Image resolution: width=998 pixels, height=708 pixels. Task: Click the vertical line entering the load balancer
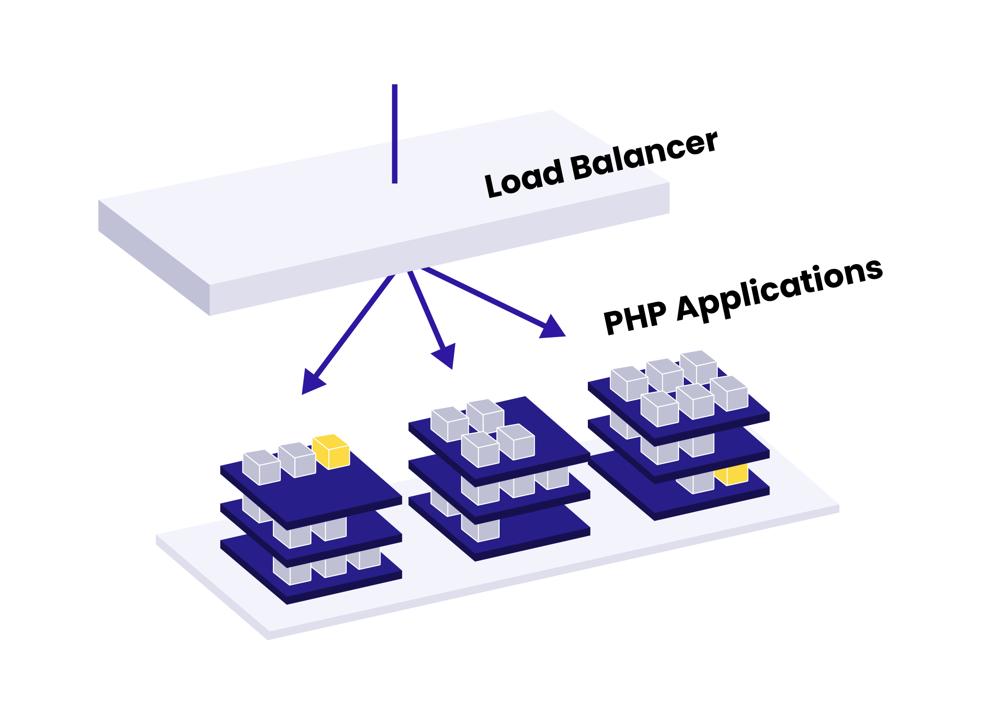click(x=395, y=133)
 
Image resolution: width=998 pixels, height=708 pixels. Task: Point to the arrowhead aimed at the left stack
click(x=311, y=382)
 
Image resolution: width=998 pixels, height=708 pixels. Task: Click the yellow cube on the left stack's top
click(x=332, y=452)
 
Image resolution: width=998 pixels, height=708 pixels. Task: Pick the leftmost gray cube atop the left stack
click(x=261, y=467)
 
